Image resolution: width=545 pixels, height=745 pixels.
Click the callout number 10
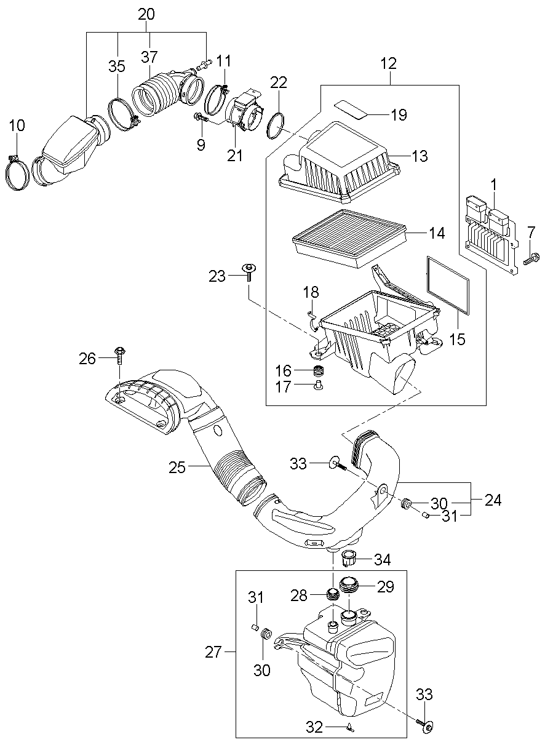pos(17,125)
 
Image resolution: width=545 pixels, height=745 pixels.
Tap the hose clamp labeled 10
pos(17,173)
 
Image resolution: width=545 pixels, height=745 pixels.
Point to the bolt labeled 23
pos(249,273)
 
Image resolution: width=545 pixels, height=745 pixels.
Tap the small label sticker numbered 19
pos(351,110)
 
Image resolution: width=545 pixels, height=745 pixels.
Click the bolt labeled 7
pos(531,258)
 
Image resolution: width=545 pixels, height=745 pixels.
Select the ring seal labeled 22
pos(276,126)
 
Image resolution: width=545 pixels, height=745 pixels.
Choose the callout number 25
pos(177,468)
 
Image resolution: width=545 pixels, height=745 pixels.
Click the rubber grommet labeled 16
pos(319,371)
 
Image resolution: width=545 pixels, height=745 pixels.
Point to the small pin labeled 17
pos(319,386)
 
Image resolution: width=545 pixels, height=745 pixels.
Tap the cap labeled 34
pos(349,559)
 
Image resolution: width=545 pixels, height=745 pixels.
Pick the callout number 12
pos(389,63)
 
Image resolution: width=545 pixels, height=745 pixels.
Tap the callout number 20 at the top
pos(146,15)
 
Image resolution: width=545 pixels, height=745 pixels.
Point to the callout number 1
pos(494,185)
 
